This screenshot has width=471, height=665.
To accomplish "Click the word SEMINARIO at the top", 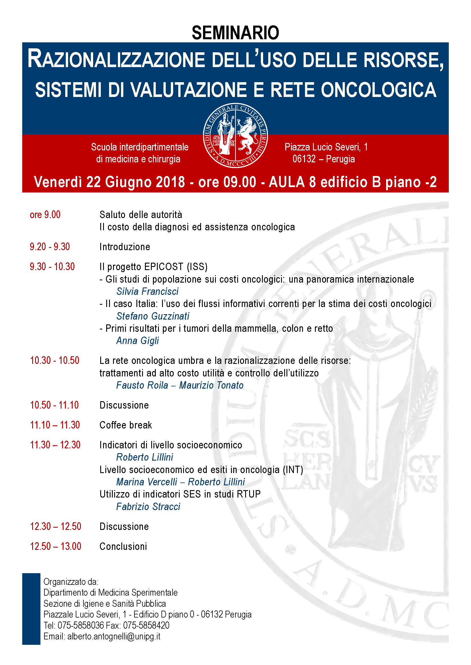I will [x=235, y=33].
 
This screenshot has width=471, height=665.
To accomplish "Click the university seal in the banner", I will [x=235, y=135].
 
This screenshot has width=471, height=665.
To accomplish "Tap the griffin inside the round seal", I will [x=247, y=135].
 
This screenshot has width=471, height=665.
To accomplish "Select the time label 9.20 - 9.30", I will [x=50, y=247].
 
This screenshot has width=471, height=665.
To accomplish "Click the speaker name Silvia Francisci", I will [x=147, y=291].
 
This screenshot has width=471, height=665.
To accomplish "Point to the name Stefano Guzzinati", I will [x=153, y=316].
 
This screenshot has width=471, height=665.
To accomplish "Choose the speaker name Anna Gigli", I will [x=138, y=341].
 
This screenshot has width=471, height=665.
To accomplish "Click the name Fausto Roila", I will [x=142, y=385].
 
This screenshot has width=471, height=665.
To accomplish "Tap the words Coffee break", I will [x=126, y=425].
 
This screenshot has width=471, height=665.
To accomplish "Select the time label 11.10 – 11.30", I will [x=55, y=425].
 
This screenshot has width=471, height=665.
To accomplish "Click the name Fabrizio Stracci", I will [x=148, y=507].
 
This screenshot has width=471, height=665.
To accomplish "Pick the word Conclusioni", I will [x=123, y=546].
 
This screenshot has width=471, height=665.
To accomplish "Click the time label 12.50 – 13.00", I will [x=56, y=546].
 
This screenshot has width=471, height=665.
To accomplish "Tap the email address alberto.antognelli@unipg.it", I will [x=114, y=636].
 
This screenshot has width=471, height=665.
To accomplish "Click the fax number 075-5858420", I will [x=146, y=625].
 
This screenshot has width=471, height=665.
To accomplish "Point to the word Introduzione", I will [x=125, y=247].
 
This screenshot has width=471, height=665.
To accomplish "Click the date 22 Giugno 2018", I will [x=136, y=182].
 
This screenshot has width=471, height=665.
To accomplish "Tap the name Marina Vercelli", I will [x=146, y=482].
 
